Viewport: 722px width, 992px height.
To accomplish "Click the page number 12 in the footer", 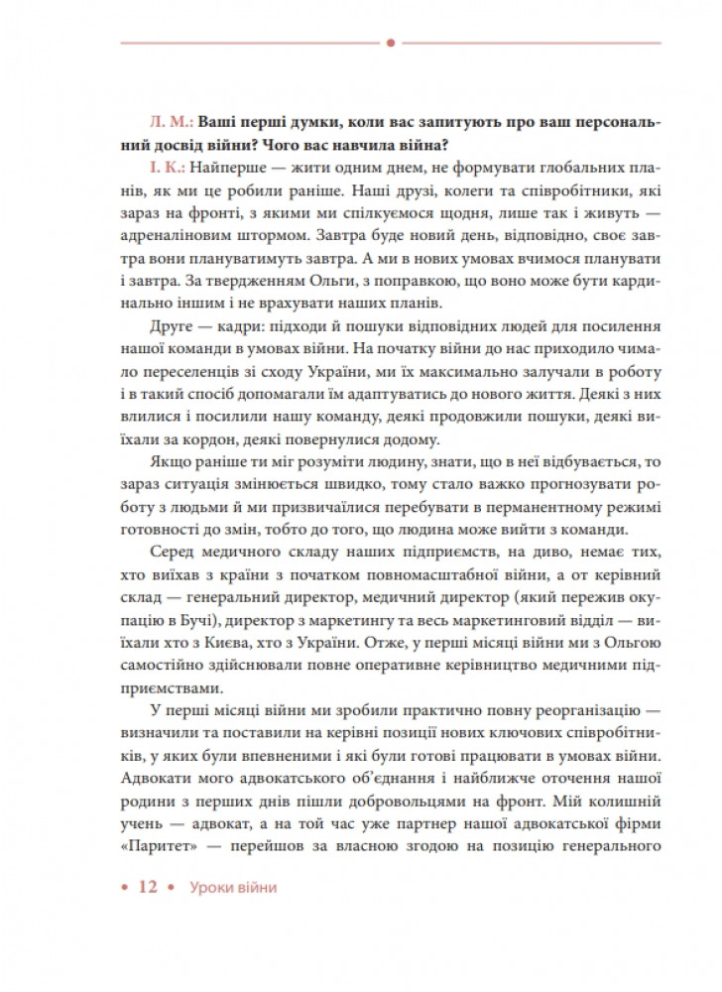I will (x=148, y=888).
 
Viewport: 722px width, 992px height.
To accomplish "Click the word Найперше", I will (x=222, y=166).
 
